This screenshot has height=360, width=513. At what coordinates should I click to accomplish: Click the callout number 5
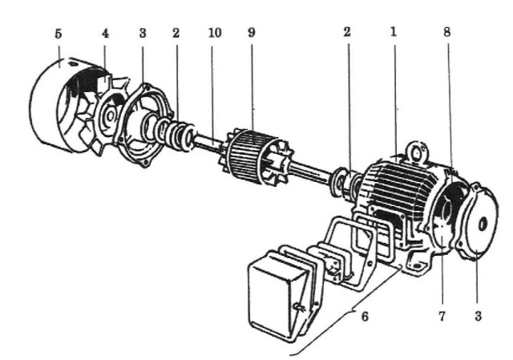pos(59,34)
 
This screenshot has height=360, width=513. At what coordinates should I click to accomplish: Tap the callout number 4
pos(105,34)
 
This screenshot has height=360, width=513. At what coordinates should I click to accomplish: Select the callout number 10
pos(215,33)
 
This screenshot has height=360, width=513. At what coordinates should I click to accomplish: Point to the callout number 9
pos(251,32)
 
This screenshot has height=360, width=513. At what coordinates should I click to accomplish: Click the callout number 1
pos(394,32)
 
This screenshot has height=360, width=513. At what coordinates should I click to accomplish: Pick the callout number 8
pos(447,32)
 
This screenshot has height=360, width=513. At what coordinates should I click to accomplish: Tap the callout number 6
pos(365,317)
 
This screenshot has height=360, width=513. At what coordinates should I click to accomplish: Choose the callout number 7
pos(442,317)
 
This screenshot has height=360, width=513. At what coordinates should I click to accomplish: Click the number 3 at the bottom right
pos(478,317)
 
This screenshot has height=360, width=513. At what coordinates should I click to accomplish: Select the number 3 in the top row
pos(143,33)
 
